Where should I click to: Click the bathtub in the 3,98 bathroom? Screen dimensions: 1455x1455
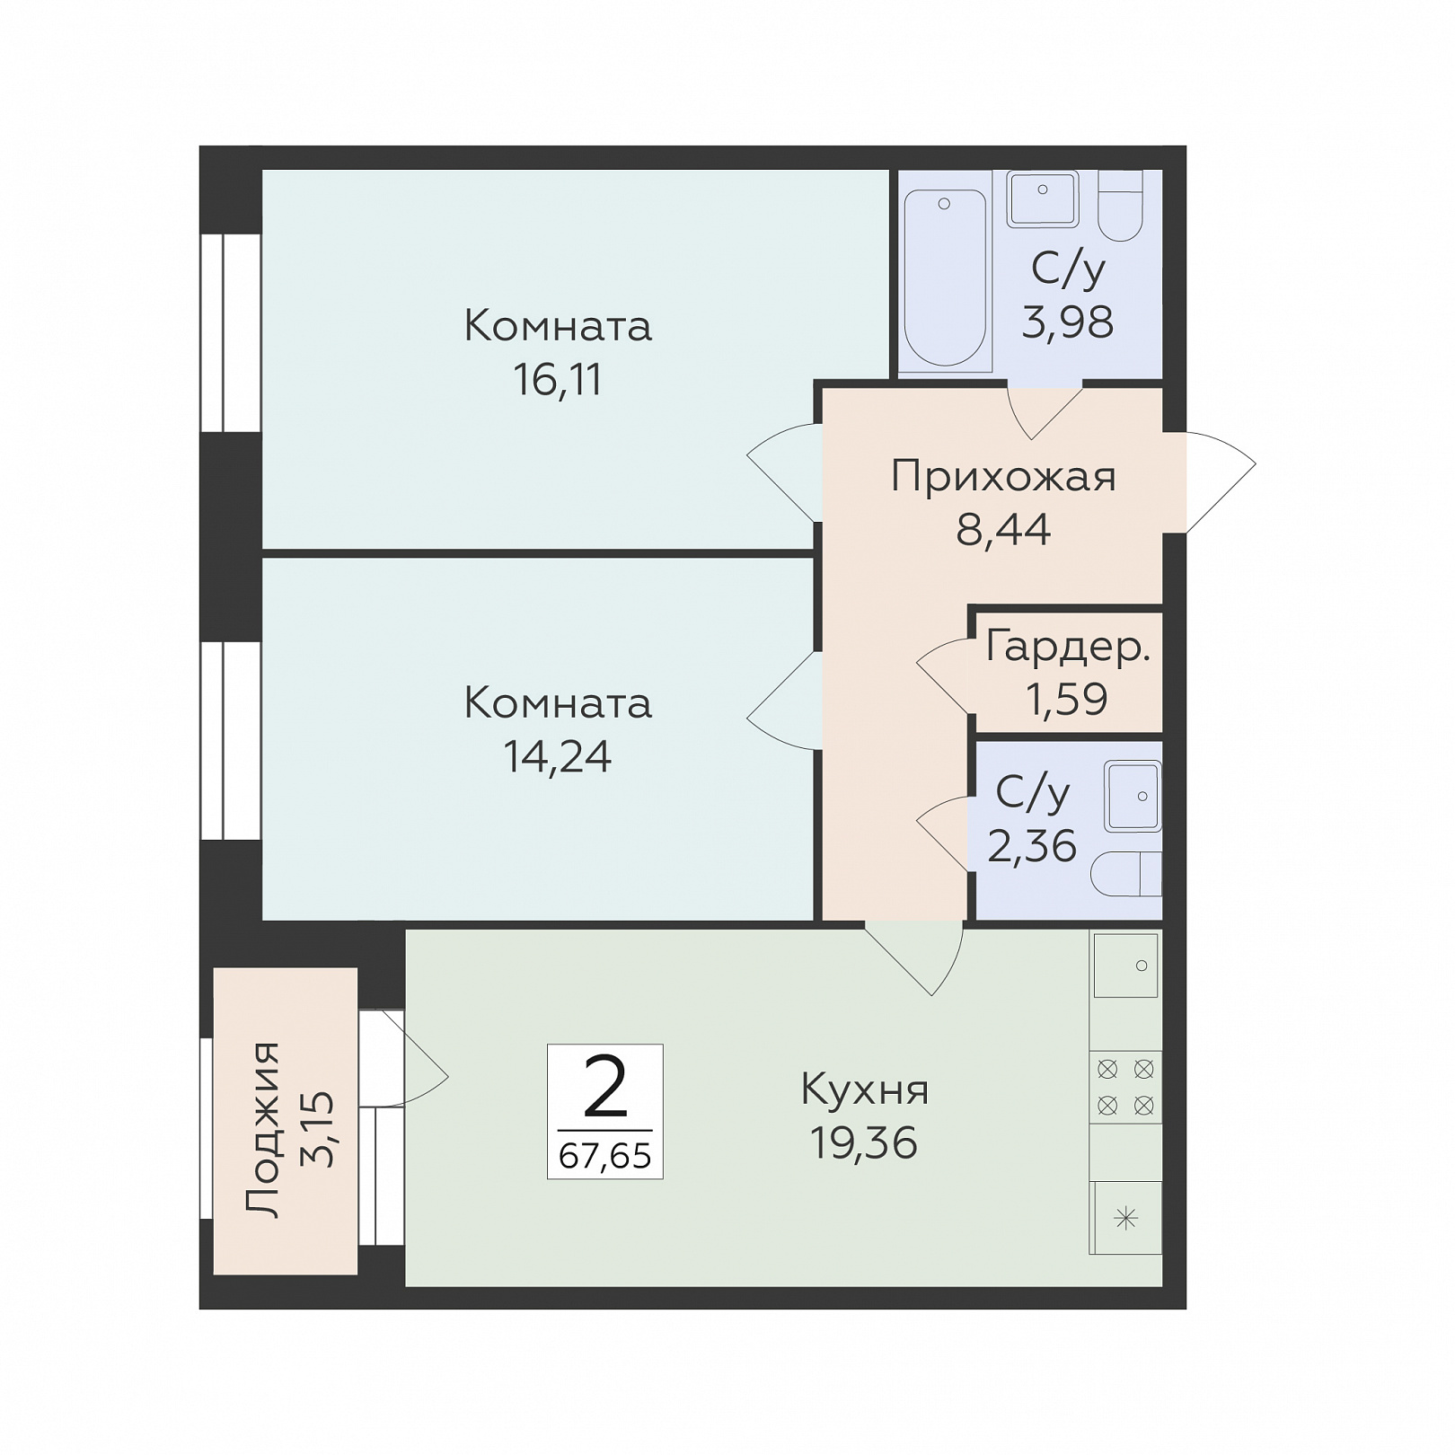[945, 279]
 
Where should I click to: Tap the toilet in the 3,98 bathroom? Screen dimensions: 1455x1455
[1119, 206]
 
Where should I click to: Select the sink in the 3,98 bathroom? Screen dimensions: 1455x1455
[1043, 198]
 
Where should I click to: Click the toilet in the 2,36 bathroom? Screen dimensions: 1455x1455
[1126, 873]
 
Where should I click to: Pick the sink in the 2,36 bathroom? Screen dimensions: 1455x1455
[1133, 796]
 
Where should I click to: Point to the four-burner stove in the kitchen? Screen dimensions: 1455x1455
[1125, 1087]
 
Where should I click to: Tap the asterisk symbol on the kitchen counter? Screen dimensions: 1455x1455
[1126, 1218]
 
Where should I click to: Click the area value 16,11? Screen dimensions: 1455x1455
[558, 381]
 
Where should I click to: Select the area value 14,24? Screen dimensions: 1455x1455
[558, 757]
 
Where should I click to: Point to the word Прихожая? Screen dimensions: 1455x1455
[1003, 478]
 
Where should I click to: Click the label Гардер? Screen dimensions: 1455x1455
[1068, 647]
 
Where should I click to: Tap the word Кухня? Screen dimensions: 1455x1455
[865, 1089]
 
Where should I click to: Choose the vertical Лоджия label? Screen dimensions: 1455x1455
[264, 1130]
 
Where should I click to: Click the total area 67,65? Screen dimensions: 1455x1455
[605, 1155]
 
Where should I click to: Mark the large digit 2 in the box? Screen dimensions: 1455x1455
[605, 1087]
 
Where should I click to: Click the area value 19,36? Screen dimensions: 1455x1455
[864, 1143]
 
